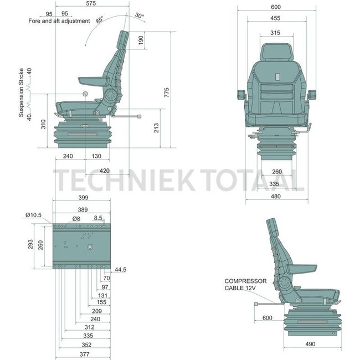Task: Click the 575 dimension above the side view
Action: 91,3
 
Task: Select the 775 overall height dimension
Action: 167,92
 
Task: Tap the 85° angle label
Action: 99,20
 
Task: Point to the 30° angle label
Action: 140,16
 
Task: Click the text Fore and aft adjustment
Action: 59,21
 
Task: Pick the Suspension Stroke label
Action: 21,92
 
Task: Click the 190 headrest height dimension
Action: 141,40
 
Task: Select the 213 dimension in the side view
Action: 156,128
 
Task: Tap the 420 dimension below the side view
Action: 105,171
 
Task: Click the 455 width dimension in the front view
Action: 275,18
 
